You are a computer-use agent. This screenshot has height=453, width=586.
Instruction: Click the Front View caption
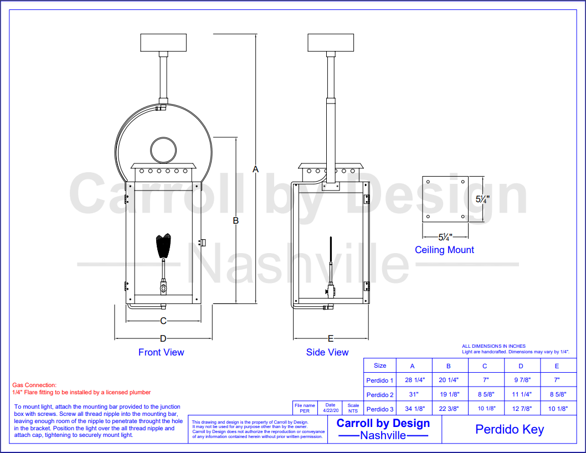[161, 352]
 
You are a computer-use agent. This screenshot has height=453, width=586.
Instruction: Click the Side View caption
[327, 352]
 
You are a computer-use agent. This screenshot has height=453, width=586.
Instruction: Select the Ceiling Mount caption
[444, 250]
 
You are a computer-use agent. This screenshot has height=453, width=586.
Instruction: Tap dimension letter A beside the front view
[255, 169]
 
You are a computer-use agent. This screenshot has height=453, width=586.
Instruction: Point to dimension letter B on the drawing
[236, 220]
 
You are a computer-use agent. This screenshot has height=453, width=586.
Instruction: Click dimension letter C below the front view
[163, 321]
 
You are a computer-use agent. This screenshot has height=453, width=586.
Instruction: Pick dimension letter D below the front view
[163, 338]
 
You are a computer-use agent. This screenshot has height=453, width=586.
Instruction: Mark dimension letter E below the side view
[330, 338]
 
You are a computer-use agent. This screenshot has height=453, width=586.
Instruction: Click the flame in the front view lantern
[163, 245]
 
